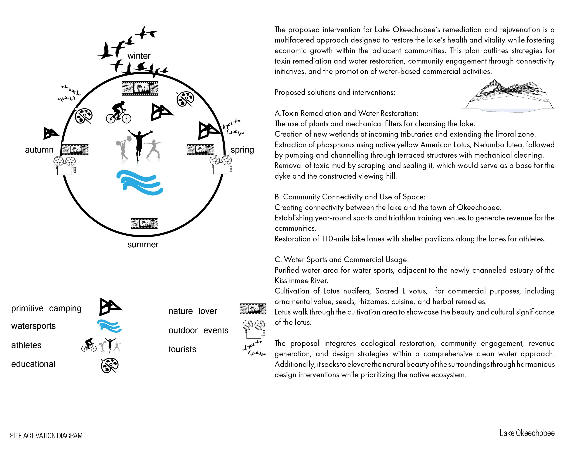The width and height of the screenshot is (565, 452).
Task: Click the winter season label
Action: [139, 56]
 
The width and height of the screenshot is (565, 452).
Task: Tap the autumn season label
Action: [39, 150]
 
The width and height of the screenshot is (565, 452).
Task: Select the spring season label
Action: [242, 150]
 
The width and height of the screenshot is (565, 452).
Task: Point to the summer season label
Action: [143, 245]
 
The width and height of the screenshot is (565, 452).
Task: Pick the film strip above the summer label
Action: [144, 223]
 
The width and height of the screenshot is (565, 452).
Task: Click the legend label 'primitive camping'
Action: [46, 308]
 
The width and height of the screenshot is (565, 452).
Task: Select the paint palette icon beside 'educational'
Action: [110, 365]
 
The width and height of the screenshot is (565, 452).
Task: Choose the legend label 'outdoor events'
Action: [198, 330]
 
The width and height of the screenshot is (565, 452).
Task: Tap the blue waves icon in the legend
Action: [109, 326]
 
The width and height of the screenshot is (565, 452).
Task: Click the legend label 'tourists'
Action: [182, 349]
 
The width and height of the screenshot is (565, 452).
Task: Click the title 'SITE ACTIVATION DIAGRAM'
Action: [46, 436]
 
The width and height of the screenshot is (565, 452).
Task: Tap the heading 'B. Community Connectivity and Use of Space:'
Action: [350, 197]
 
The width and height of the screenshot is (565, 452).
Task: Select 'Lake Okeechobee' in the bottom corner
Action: [527, 433]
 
